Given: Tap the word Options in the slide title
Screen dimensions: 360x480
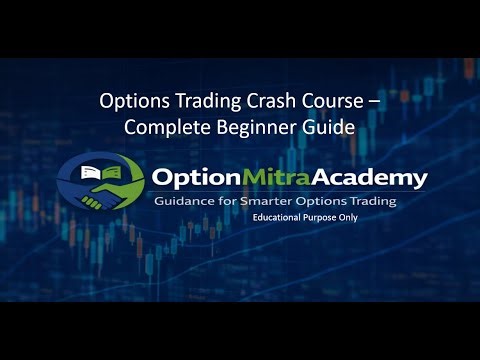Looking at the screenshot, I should [x=136, y=102].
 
